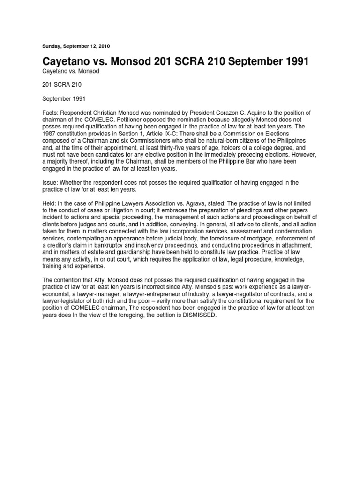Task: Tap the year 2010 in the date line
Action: (103, 46)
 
